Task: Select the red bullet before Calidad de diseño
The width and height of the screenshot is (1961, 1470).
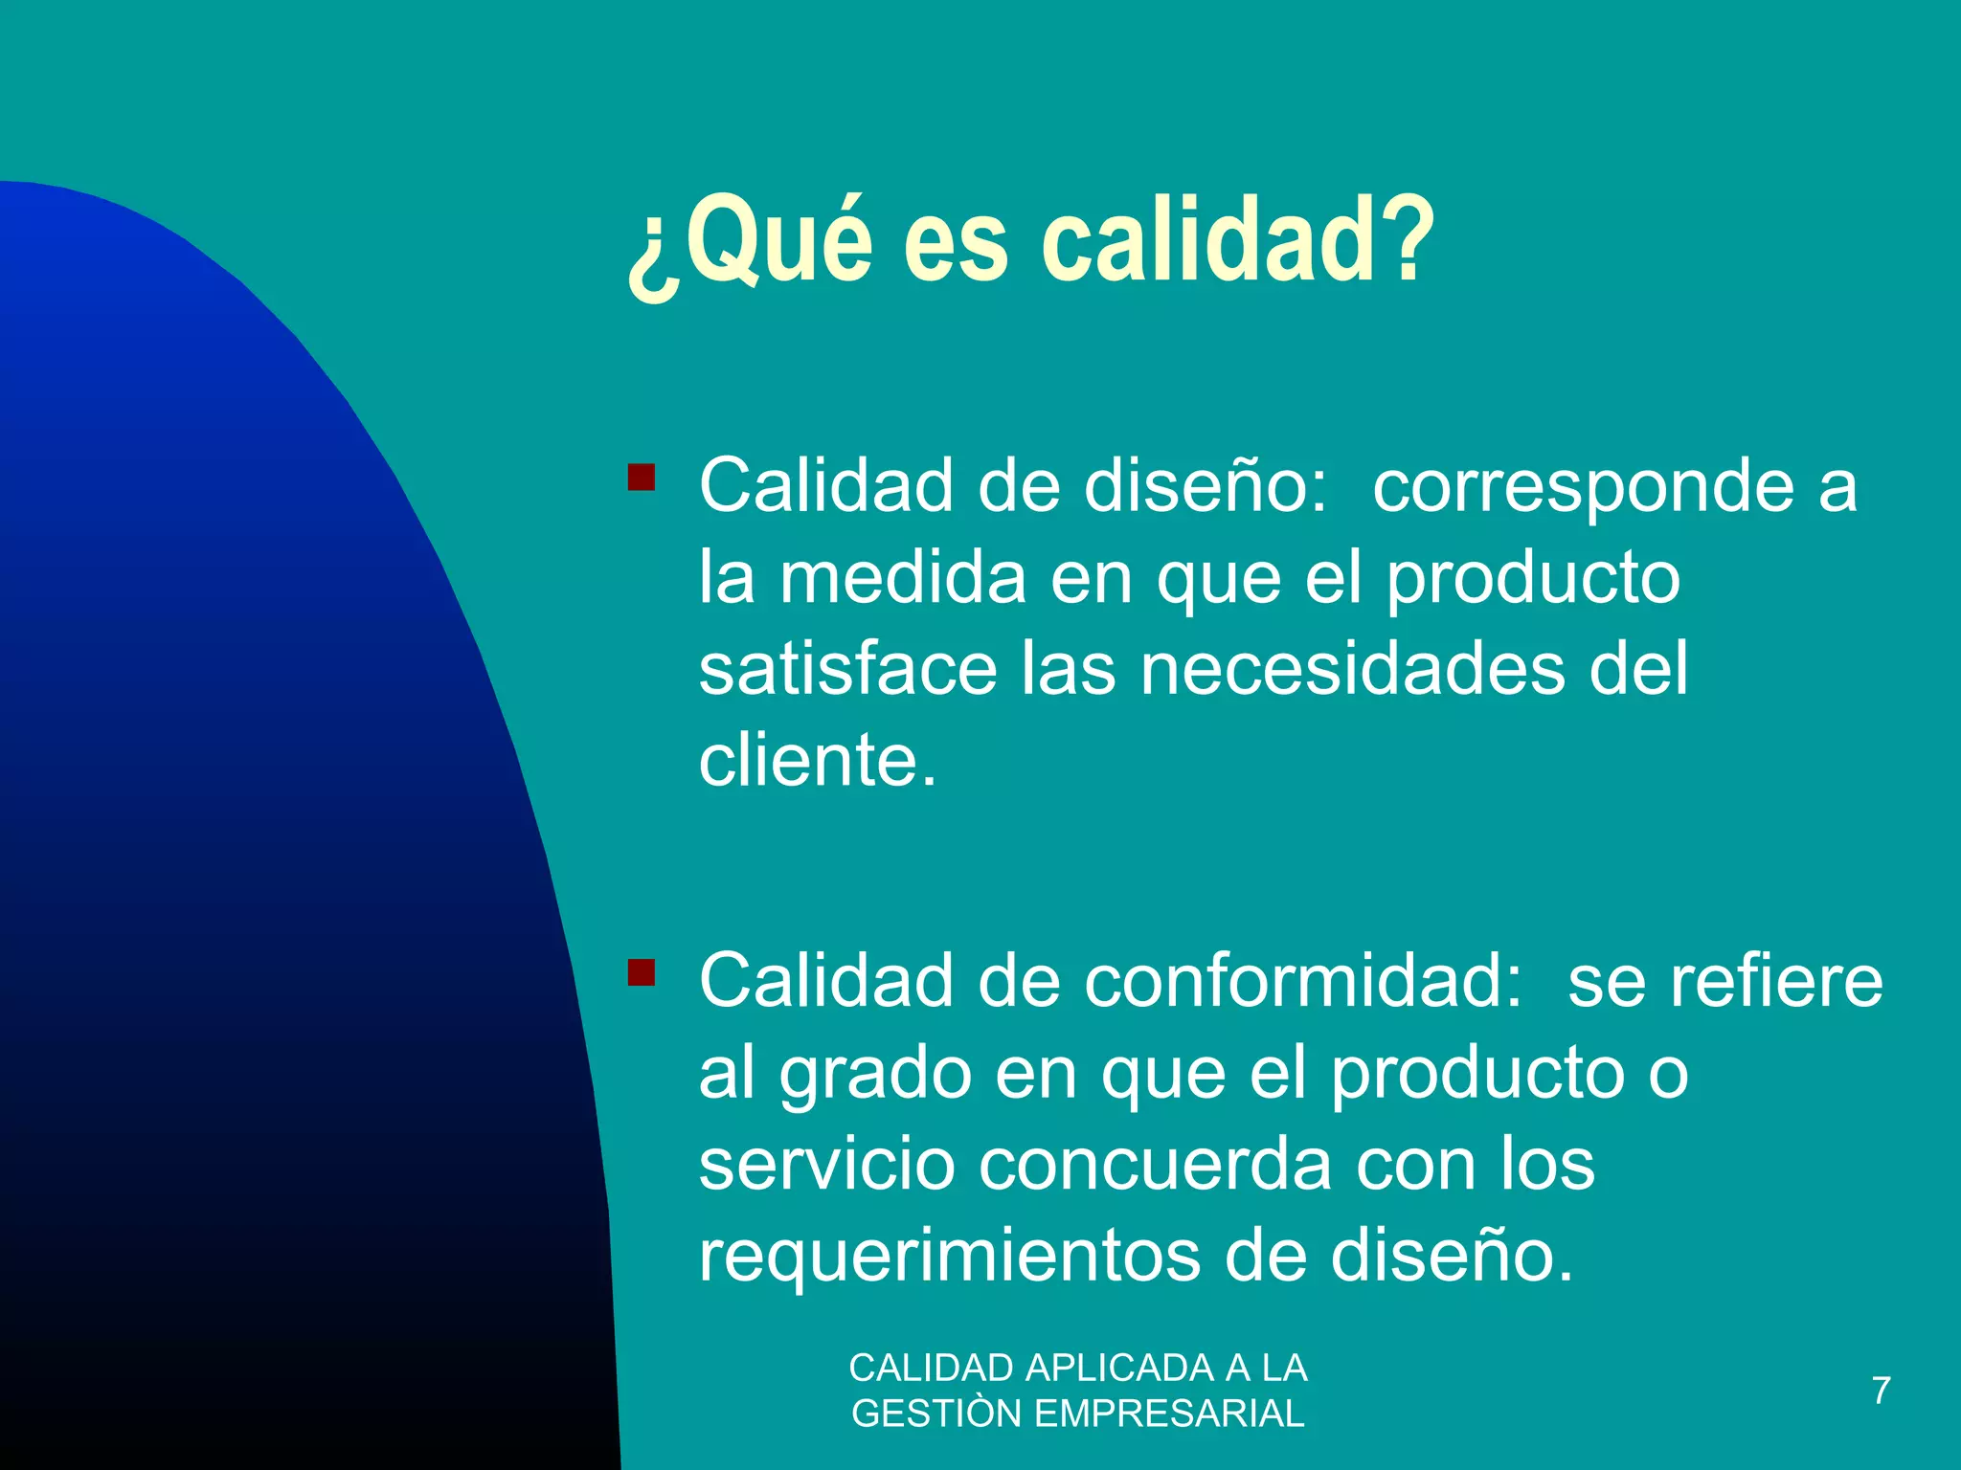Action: [642, 477]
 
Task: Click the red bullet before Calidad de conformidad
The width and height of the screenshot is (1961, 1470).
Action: [642, 972]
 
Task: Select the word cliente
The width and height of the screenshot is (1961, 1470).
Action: [817, 761]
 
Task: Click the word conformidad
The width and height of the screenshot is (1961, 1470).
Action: [1302, 982]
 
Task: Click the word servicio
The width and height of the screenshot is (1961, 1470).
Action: [827, 1165]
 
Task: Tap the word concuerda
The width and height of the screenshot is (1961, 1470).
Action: [1156, 1165]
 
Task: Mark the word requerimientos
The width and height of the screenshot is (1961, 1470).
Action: [949, 1257]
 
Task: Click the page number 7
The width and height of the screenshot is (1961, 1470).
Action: [1882, 1391]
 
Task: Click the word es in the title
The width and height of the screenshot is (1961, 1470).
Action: [956, 241]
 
